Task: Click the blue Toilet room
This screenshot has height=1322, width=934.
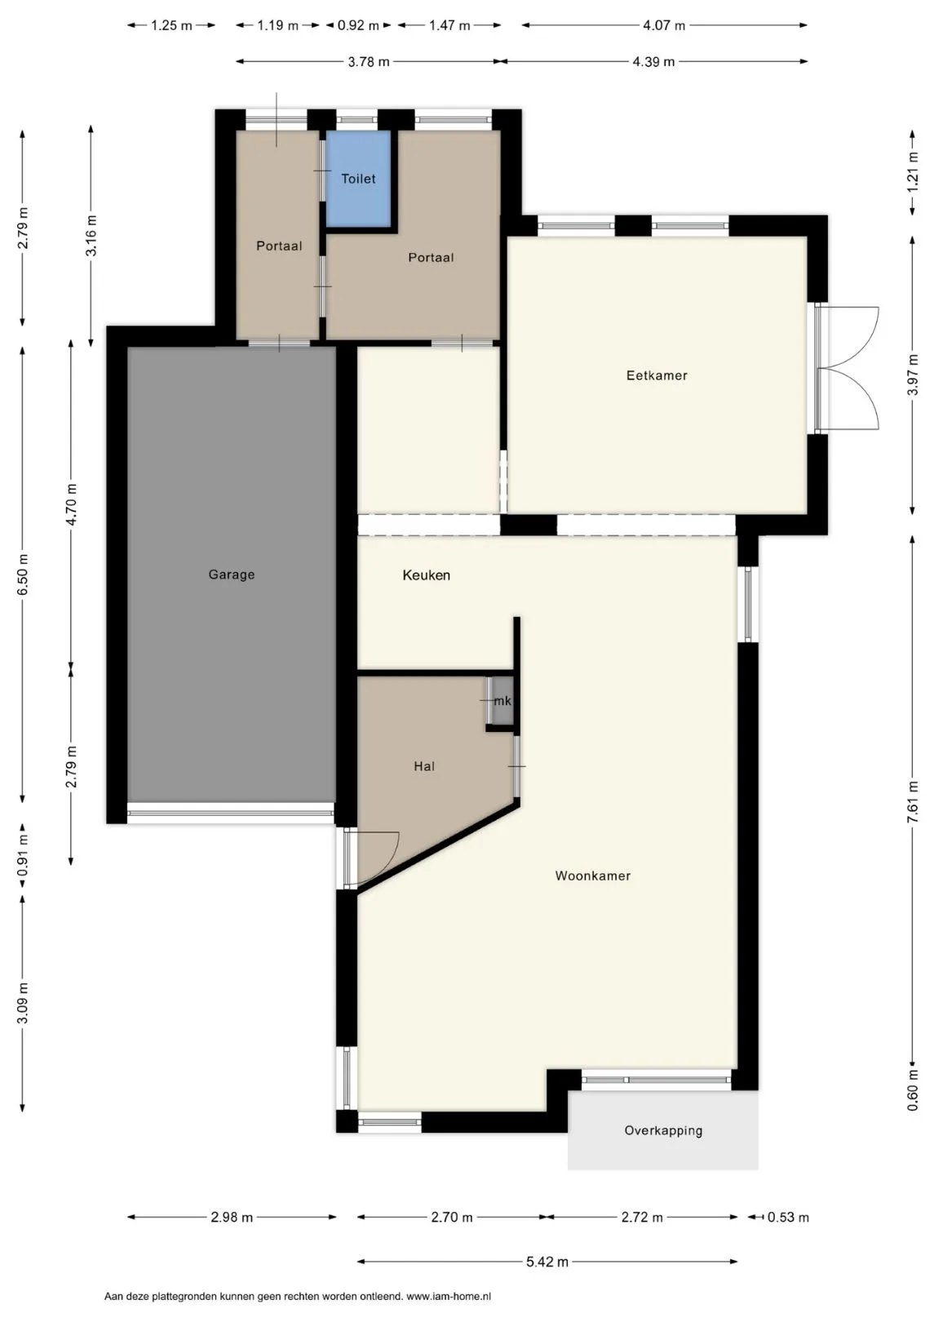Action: click(358, 178)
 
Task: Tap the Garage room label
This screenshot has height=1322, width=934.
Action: click(232, 574)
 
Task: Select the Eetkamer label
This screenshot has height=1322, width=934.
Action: click(657, 375)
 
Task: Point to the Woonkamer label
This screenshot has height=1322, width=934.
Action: click(592, 876)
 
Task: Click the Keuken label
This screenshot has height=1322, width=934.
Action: click(426, 574)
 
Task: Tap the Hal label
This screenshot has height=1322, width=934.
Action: click(424, 766)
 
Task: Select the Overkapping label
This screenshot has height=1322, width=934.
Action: click(663, 1131)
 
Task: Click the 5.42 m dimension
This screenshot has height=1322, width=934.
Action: click(547, 1262)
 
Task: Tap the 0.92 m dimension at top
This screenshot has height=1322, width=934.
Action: click(357, 25)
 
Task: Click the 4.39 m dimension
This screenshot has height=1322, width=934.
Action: click(653, 61)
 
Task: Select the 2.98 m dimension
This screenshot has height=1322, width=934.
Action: click(232, 1217)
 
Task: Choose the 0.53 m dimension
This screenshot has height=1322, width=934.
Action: click(788, 1217)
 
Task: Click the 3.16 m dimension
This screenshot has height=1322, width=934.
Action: click(91, 236)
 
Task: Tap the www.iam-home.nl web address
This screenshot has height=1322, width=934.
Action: click(449, 1297)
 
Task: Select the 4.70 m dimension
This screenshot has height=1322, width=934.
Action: click(71, 504)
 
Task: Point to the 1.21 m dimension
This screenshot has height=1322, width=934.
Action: click(913, 172)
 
